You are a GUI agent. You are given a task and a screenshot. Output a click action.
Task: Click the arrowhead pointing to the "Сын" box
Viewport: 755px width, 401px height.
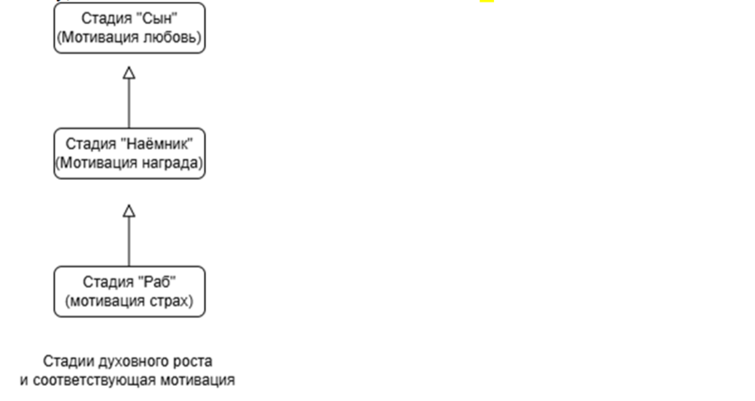129,73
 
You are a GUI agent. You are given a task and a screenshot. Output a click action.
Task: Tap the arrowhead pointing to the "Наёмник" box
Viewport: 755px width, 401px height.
129,210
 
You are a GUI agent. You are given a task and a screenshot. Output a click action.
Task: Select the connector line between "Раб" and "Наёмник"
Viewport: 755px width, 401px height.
129,243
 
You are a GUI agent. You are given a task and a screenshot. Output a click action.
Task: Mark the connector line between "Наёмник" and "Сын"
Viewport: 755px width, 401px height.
129,104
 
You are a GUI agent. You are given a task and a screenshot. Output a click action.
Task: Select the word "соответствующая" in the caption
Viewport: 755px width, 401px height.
89,380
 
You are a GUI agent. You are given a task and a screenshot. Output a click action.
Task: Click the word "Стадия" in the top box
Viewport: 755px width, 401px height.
105,18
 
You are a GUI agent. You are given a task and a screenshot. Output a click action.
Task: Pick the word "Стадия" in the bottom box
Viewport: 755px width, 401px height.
105,281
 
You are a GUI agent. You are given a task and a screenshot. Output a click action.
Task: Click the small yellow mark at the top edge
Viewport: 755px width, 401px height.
487,3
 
